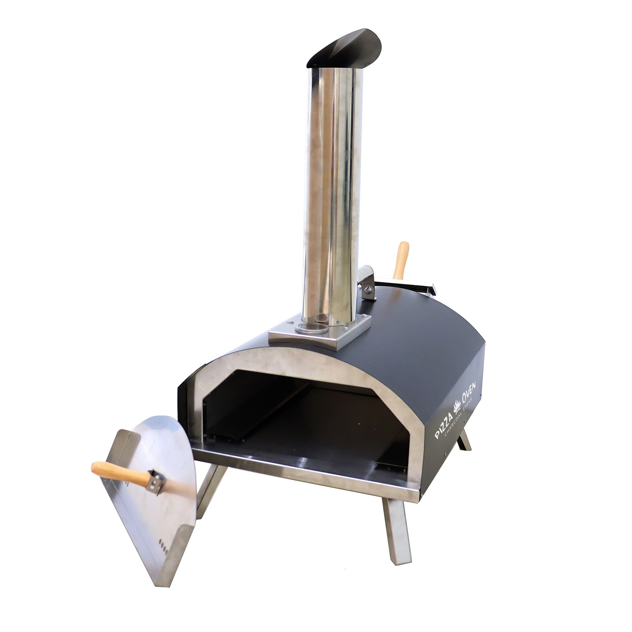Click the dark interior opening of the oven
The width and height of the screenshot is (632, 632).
[x=295, y=416]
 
